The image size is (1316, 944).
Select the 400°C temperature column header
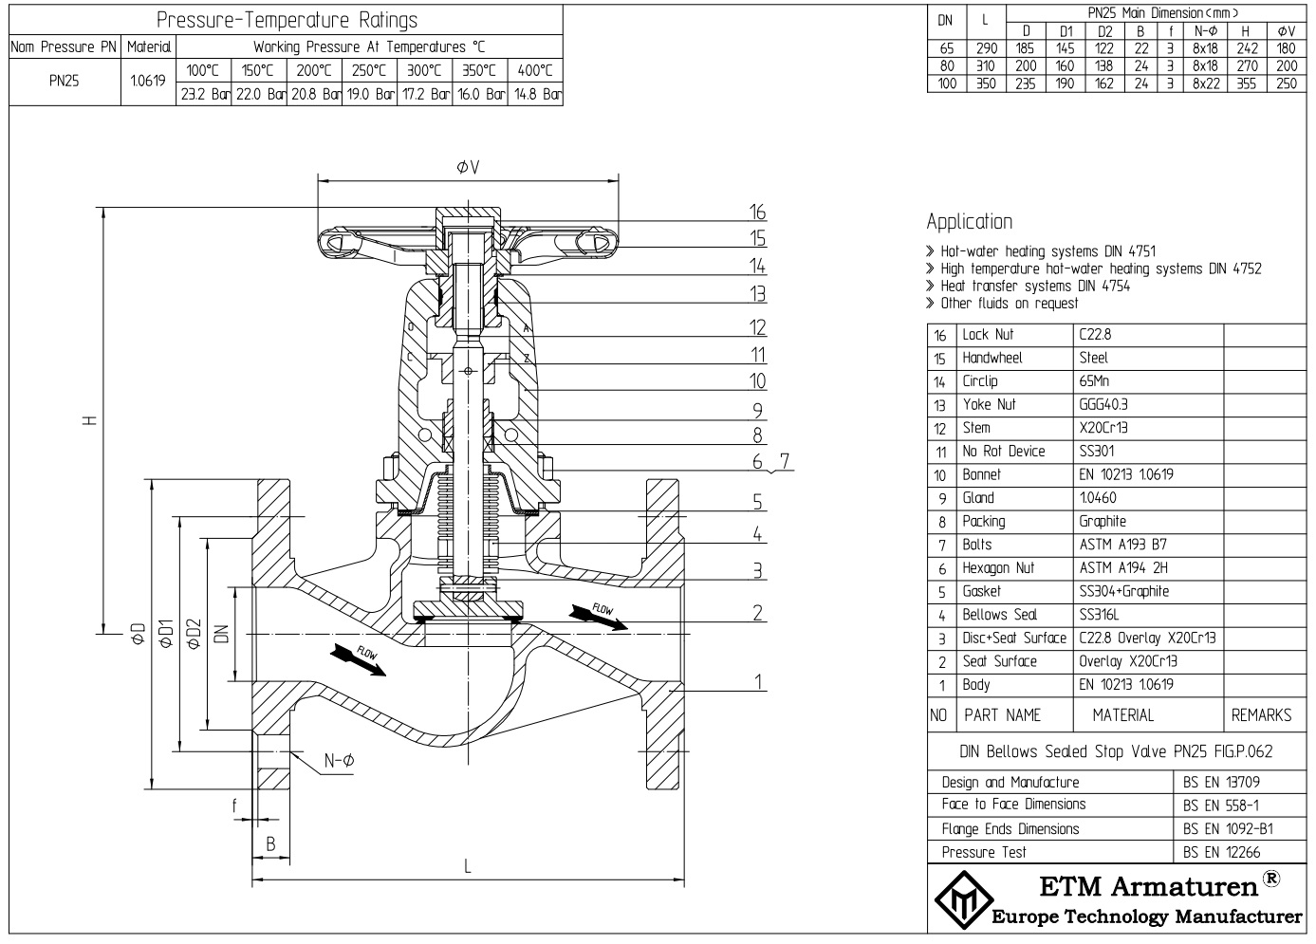(535, 70)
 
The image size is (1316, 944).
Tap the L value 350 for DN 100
(985, 83)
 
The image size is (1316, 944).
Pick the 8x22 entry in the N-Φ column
(1206, 83)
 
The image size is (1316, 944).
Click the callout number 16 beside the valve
(756, 212)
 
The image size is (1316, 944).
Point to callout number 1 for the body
(758, 681)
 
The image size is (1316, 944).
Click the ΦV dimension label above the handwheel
(468, 168)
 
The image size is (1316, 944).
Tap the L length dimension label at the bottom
(468, 865)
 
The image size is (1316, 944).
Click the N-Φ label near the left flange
(339, 760)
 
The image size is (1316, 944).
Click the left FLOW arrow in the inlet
(361, 657)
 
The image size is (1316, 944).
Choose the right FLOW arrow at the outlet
(598, 614)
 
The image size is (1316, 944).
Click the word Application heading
(969, 222)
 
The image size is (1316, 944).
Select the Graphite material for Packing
(1103, 521)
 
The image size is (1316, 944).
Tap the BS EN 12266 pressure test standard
(1222, 852)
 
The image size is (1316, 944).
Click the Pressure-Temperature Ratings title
(287, 20)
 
